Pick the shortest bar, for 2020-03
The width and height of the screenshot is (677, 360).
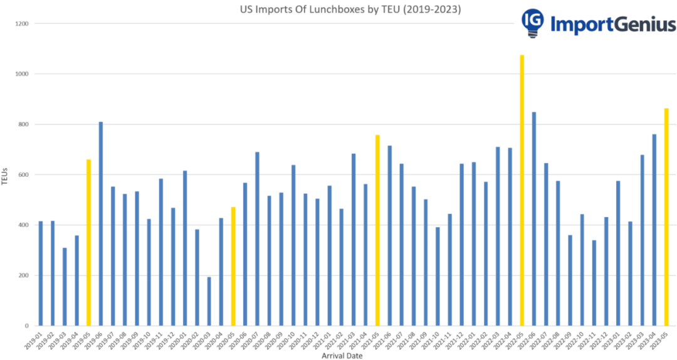tap(209, 301)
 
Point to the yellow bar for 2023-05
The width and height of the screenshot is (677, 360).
tap(666, 217)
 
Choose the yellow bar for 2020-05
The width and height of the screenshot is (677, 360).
tap(233, 267)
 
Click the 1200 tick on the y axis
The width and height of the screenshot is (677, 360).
tap(23, 24)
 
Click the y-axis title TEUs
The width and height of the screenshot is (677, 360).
tap(5, 175)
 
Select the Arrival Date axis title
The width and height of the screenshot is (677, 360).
tap(342, 356)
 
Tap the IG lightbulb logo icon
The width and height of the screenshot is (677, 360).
tap(532, 23)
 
